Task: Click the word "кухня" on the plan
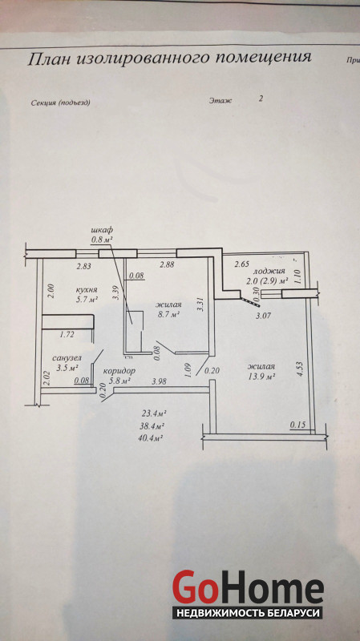[x=87, y=290]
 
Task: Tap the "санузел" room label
[x=66, y=357]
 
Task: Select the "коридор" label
[x=119, y=371]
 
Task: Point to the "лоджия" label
[x=269, y=271]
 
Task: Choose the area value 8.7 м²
[x=168, y=314]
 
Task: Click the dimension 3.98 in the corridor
[x=159, y=381]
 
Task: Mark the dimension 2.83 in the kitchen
[x=85, y=266]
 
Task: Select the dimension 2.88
[x=167, y=264]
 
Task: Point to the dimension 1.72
[x=67, y=335]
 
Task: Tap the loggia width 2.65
[x=242, y=264]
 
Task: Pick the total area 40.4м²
[x=152, y=438]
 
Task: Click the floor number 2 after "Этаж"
[x=261, y=99]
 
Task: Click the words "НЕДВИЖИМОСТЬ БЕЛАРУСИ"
[x=248, y=613]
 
